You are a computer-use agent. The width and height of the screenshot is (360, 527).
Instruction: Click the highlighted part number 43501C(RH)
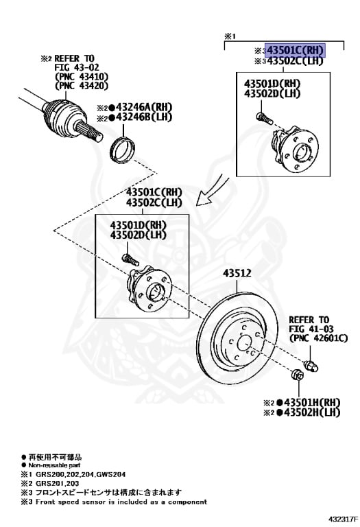(x=295, y=50)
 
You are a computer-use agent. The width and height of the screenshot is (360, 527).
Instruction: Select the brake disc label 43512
(x=237, y=273)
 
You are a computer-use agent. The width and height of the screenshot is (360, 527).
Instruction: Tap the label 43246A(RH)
(x=144, y=106)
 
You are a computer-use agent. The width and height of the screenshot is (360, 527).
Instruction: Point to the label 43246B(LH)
(x=143, y=117)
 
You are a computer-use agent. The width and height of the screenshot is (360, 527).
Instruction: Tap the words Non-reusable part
(x=55, y=464)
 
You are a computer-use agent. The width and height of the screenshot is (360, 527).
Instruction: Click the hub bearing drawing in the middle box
(x=150, y=288)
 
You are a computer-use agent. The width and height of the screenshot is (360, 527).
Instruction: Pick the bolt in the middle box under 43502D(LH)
(x=128, y=259)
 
